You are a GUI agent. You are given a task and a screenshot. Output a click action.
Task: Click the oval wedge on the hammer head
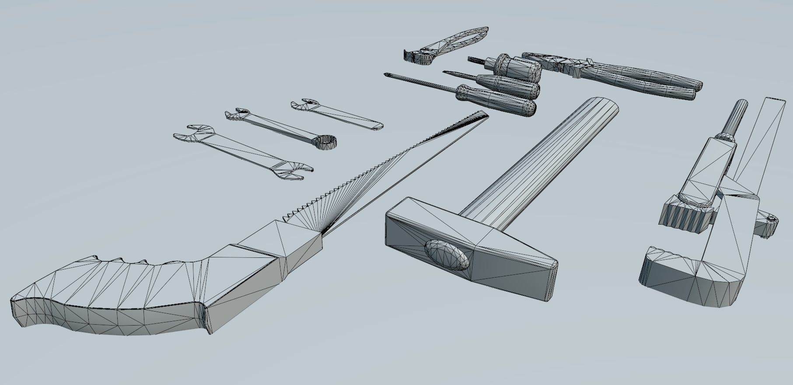[447, 254]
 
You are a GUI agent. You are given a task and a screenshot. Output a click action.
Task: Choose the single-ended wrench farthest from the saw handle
[337, 115]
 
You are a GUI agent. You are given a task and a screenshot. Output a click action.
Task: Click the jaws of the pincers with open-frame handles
[413, 55]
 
